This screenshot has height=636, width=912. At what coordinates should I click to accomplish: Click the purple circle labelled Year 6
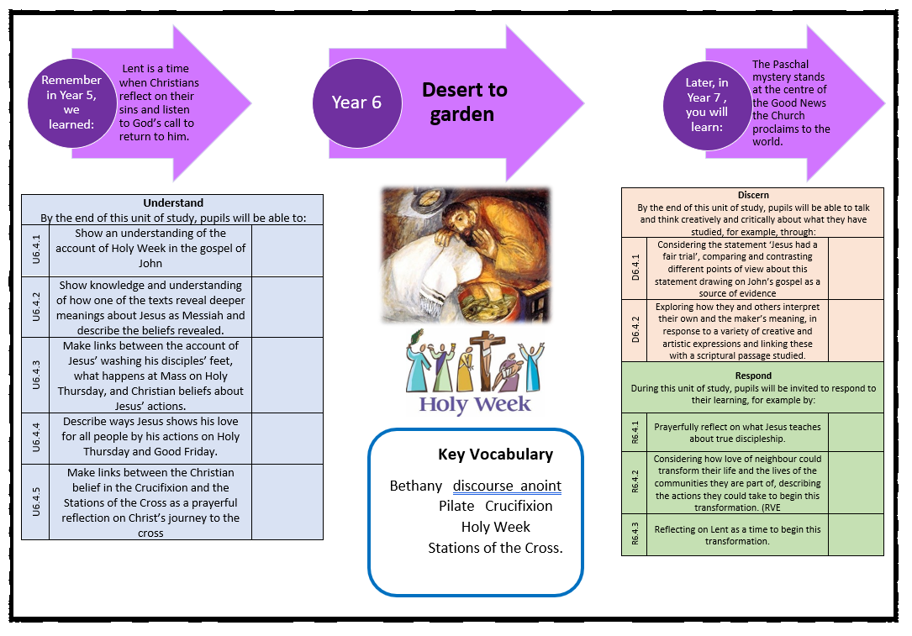[x=356, y=102]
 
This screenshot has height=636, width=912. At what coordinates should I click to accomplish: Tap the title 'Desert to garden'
[x=464, y=102]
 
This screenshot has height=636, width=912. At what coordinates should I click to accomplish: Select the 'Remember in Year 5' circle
[x=71, y=102]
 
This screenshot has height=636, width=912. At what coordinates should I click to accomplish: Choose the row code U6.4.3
[x=35, y=375]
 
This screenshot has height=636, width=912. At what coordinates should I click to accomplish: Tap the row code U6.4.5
[x=35, y=502]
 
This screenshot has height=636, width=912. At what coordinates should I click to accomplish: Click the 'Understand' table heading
[x=172, y=202]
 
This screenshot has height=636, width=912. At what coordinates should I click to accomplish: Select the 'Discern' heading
[x=752, y=195]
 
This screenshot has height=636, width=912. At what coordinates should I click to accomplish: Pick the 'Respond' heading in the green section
[x=752, y=376]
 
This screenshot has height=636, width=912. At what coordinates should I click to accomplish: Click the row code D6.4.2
[x=635, y=330]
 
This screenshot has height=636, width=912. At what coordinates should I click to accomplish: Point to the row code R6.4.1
[x=635, y=433]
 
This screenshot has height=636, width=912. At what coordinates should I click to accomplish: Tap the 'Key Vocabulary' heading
[x=495, y=455]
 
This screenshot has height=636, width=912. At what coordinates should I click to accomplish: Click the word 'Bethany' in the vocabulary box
[x=415, y=486]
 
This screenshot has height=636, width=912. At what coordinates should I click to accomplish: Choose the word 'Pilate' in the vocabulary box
[x=456, y=507]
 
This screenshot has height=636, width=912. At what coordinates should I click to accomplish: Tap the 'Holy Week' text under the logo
[x=475, y=404]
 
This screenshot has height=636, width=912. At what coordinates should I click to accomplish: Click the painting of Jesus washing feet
[x=465, y=254]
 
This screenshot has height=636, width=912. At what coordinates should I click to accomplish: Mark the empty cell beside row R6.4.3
[x=856, y=535]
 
